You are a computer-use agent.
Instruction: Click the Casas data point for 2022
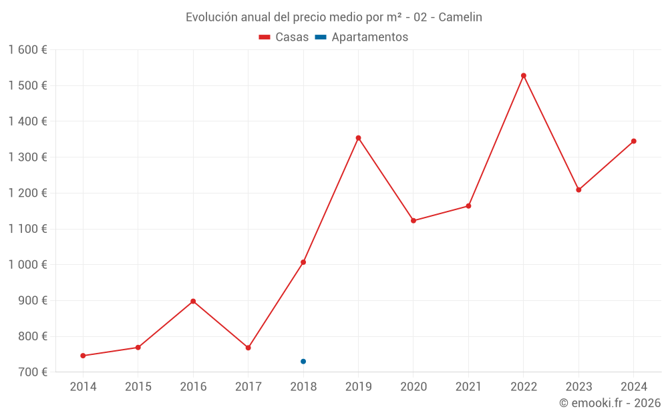524,75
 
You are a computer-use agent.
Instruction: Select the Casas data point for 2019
358,138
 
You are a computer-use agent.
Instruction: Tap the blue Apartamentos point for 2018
303,362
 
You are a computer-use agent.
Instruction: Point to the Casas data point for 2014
83,356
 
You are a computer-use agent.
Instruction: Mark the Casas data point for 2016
193,301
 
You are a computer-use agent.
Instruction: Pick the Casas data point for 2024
634,141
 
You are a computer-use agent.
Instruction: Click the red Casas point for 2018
303,262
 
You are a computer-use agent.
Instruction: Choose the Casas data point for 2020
413,220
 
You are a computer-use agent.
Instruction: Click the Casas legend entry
284,37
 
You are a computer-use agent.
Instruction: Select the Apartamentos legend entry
361,37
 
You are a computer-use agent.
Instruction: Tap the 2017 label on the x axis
248,387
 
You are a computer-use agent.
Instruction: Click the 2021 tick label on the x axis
468,387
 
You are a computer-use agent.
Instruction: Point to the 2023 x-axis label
578,387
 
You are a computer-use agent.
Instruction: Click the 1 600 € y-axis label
28,50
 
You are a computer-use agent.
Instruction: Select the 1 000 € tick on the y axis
28,265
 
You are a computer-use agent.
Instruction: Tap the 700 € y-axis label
33,372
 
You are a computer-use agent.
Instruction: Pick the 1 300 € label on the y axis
28,157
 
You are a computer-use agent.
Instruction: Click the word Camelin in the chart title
460,17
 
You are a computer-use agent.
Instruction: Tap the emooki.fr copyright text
610,403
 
